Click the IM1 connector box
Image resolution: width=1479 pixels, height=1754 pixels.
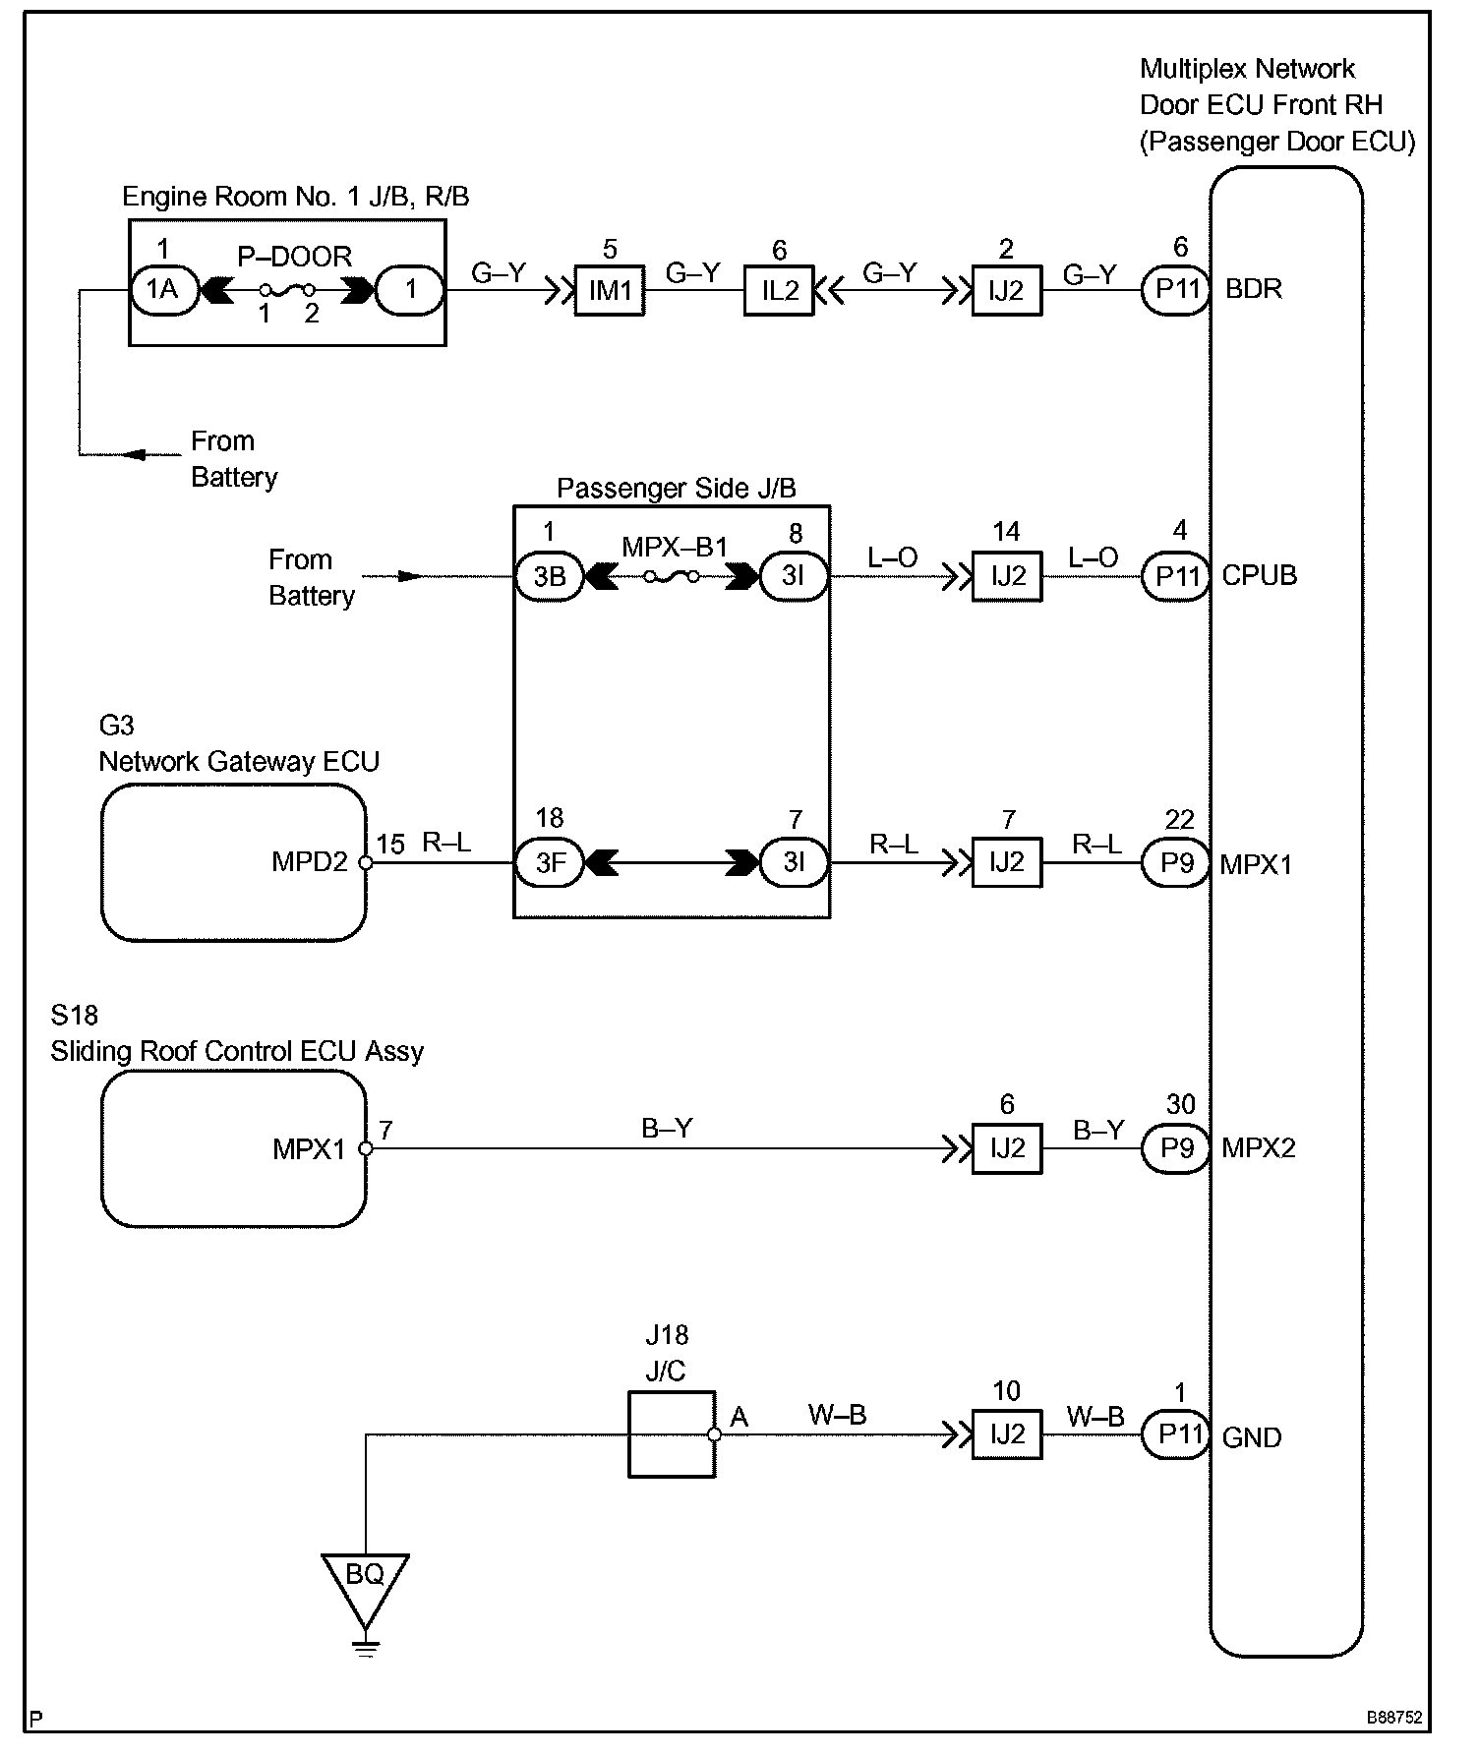pos(610,290)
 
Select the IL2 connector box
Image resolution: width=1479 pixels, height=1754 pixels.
pos(779,290)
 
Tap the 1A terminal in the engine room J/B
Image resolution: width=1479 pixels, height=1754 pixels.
pos(163,289)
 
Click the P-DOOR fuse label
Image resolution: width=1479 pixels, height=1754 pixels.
pos(295,257)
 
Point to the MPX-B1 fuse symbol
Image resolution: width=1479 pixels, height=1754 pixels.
pos(672,577)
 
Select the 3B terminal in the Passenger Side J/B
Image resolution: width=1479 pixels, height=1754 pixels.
pos(549,576)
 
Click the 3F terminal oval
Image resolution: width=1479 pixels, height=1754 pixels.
pos(549,863)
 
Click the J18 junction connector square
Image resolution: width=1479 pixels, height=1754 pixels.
pos(672,1433)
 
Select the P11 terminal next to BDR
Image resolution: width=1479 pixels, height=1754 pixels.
pos(1177,290)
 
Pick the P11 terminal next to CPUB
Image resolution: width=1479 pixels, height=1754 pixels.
pos(1177,576)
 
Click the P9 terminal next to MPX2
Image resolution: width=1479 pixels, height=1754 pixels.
pos(1177,1147)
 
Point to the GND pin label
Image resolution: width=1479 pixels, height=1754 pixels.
pos(1251,1437)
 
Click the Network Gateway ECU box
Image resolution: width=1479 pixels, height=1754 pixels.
pos(234,862)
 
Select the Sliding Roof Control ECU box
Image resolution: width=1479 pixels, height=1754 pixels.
pos(234,1148)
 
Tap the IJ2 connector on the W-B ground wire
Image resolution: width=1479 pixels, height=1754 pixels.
pos(1007,1434)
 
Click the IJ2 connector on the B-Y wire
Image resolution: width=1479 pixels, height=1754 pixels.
pos(1007,1148)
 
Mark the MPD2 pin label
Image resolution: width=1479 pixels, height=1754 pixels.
pos(310,862)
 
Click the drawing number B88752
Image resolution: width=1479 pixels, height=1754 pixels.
pos(1394,1718)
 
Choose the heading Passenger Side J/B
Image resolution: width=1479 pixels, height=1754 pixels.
pos(677,488)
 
